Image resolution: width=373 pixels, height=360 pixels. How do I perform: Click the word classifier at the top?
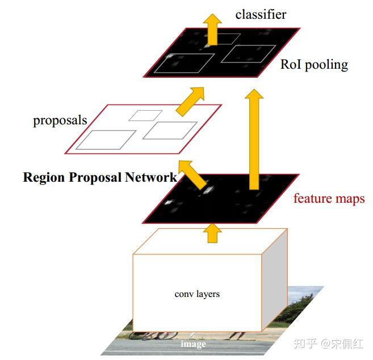(x=261, y=15)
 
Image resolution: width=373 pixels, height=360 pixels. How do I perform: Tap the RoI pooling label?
(x=315, y=65)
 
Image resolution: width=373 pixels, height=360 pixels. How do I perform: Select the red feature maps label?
(x=329, y=198)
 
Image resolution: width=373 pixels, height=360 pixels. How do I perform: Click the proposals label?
(x=60, y=120)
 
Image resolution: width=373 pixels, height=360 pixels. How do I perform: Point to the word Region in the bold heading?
(x=44, y=177)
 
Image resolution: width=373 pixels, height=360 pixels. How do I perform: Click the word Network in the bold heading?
(x=151, y=177)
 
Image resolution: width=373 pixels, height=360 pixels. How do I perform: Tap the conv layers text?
(x=197, y=294)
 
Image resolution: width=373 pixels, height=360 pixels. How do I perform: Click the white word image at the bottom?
(x=193, y=344)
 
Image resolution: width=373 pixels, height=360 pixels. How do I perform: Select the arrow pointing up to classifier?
(x=212, y=30)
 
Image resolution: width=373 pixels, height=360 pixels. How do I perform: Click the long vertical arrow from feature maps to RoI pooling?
(x=254, y=139)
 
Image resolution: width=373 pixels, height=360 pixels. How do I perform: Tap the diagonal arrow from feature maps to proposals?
(x=192, y=175)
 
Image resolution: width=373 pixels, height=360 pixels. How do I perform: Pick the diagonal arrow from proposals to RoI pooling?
(x=190, y=102)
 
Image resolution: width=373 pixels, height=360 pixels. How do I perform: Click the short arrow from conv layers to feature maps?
(x=212, y=233)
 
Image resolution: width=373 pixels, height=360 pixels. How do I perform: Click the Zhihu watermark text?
(x=328, y=344)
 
